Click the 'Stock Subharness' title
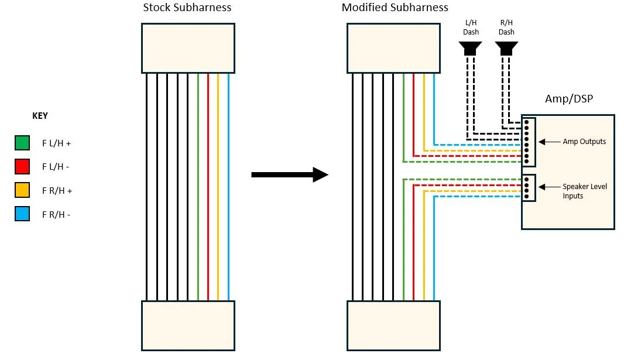tap(187, 8)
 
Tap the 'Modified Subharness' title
tap(395, 8)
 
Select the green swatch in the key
tap(22, 143)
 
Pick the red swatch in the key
tap(22, 167)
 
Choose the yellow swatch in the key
tap(22, 190)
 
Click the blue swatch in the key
tap(22, 214)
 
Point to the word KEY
tap(40, 116)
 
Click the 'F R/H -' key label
tap(56, 215)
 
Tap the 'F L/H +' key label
tap(57, 143)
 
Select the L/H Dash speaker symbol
tap(471, 49)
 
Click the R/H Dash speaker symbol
tap(506, 49)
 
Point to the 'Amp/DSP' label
tap(569, 99)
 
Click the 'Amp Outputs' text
tap(584, 142)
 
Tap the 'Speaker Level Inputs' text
tap(585, 191)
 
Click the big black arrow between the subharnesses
tap(290, 174)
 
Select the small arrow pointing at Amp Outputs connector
tap(550, 142)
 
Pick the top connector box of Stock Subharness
tap(188, 48)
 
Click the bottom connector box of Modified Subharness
tap(393, 326)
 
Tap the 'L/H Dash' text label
tap(471, 28)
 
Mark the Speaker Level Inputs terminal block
tap(529, 188)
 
